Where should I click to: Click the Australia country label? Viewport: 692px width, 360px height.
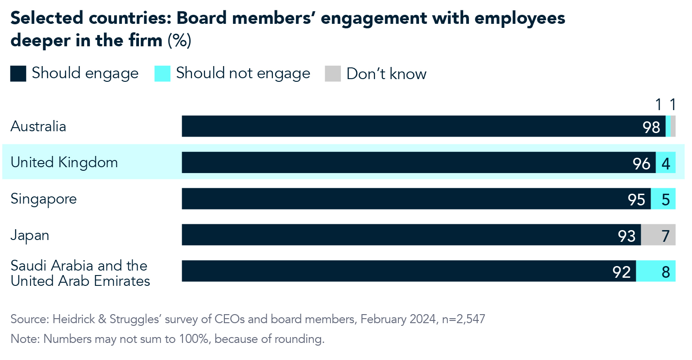38,126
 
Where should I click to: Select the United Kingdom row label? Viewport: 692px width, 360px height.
64,162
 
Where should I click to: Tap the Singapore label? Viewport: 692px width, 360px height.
44,199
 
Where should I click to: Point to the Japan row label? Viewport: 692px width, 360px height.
30,235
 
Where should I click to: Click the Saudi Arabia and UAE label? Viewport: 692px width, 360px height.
80,273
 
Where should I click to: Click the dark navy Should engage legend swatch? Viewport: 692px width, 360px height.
18,74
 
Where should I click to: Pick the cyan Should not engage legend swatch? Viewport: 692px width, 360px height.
162,74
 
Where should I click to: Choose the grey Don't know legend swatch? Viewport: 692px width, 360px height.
333,74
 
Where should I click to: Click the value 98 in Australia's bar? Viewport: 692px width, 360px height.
651,128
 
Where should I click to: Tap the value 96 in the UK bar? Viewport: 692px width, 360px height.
642,164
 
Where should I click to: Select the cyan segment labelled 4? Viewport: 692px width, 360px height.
666,163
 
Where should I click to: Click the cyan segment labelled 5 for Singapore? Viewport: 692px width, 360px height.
664,199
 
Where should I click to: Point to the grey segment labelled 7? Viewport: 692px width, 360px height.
659,235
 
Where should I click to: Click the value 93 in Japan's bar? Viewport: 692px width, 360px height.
627,236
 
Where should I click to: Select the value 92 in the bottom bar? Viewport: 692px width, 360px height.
622,272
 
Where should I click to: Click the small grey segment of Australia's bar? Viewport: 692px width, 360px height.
673,126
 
